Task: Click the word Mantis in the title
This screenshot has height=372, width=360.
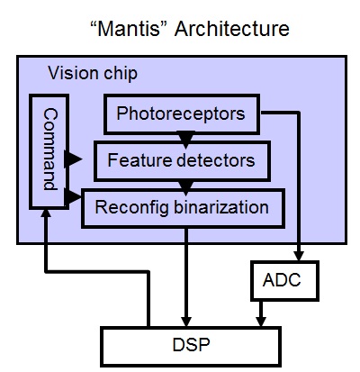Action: coord(129,29)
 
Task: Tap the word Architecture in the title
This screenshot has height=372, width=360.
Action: coord(232,29)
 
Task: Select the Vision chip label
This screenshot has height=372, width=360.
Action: coord(93,73)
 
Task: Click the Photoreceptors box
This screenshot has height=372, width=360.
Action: coord(182,114)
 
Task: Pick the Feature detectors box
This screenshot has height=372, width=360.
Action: coord(182,161)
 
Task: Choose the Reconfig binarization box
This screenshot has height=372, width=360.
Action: coord(183,208)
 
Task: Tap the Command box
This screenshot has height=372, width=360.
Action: coord(49,151)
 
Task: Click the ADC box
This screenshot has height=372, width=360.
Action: coord(284,281)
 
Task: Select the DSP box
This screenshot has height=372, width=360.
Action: coord(191,346)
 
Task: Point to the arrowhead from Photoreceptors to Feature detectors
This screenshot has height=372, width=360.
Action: coord(185,140)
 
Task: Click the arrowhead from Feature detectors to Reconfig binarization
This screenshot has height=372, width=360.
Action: coord(185,187)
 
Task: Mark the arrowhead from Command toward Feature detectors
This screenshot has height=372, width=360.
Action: coord(73,159)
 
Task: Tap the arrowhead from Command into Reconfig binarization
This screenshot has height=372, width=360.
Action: coord(73,196)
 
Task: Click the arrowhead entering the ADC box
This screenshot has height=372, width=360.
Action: coord(299,255)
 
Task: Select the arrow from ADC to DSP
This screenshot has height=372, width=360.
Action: coord(261,313)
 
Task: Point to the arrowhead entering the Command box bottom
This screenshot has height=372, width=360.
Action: coord(46,213)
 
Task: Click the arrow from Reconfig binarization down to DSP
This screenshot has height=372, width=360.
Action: coord(186,277)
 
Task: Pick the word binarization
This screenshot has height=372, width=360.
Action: coord(221,207)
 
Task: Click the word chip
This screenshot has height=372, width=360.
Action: coord(121,74)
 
